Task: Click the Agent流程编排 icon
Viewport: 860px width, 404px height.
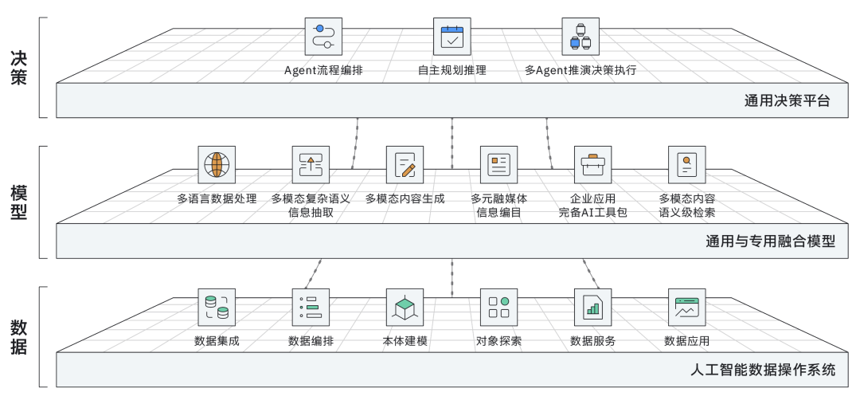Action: point(323,37)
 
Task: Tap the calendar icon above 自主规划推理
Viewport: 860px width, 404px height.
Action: point(451,37)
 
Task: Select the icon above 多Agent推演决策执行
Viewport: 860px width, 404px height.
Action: point(580,37)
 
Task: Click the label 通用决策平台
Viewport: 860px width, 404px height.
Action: point(787,101)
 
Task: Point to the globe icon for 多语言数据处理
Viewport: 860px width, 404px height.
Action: point(217,164)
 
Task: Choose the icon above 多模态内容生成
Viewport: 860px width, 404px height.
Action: point(405,164)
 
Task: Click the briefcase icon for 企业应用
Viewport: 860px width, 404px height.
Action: point(592,164)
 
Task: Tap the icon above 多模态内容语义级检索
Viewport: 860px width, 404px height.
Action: point(686,164)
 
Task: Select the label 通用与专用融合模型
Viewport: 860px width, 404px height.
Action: point(770,241)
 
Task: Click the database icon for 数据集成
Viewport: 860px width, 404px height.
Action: point(217,307)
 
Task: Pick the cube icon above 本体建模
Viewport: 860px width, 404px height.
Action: point(405,307)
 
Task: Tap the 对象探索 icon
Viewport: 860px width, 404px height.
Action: point(498,307)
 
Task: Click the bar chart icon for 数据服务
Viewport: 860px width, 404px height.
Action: point(592,307)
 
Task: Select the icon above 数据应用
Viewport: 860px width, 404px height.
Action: point(686,307)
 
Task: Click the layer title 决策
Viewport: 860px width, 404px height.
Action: point(19,68)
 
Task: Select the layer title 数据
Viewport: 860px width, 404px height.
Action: point(19,337)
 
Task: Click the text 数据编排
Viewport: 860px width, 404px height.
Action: point(311,342)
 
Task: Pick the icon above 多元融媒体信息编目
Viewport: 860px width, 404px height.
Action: point(498,164)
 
